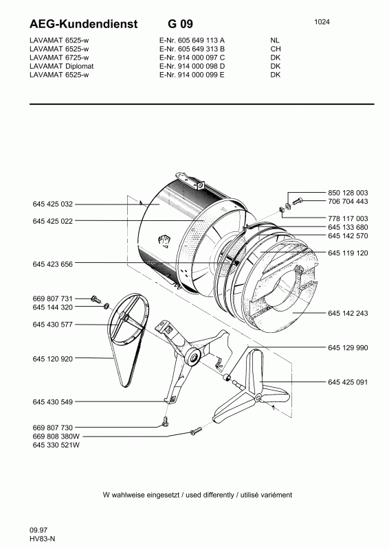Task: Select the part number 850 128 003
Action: [349, 192]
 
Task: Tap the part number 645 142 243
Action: [349, 313]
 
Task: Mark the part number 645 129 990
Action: [349, 349]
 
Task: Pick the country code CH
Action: [276, 49]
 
